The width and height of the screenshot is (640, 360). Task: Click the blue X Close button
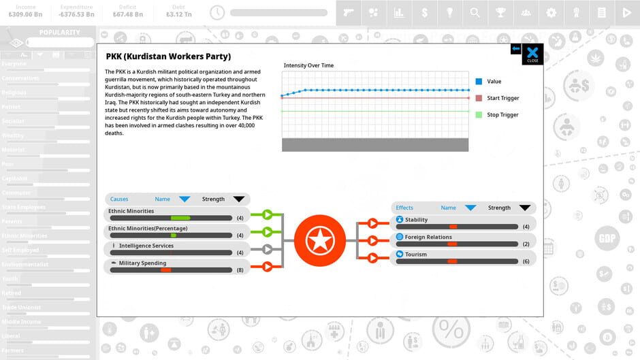pyautogui.click(x=532, y=54)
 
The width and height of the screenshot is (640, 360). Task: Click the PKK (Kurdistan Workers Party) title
pyautogui.click(x=168, y=56)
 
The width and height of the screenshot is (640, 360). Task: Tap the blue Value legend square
pyautogui.click(x=479, y=82)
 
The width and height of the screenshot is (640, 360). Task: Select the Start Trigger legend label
pyautogui.click(x=502, y=99)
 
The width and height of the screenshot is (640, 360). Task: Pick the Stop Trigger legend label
pyautogui.click(x=502, y=115)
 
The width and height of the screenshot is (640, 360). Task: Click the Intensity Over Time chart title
pyautogui.click(x=308, y=65)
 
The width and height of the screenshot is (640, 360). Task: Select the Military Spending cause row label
pyautogui.click(x=142, y=263)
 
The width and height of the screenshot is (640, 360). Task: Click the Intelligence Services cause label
pyautogui.click(x=146, y=246)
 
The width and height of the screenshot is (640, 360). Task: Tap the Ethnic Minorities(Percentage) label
pyautogui.click(x=148, y=229)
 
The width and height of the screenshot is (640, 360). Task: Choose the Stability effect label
pyautogui.click(x=416, y=220)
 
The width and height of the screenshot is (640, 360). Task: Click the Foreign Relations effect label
pyautogui.click(x=428, y=238)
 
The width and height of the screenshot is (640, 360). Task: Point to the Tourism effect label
pyautogui.click(x=415, y=255)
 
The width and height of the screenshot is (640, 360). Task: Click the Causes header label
pyautogui.click(x=119, y=199)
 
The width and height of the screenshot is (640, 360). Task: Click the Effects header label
pyautogui.click(x=404, y=208)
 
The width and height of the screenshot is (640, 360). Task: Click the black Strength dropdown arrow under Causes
pyautogui.click(x=238, y=199)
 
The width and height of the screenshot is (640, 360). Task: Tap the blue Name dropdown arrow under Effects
pyautogui.click(x=470, y=208)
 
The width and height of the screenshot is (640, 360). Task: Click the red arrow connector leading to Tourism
pyautogui.click(x=372, y=258)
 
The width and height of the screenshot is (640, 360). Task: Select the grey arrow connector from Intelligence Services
pyautogui.click(x=267, y=249)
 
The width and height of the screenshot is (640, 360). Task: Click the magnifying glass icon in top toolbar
pyautogui.click(x=475, y=12)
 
